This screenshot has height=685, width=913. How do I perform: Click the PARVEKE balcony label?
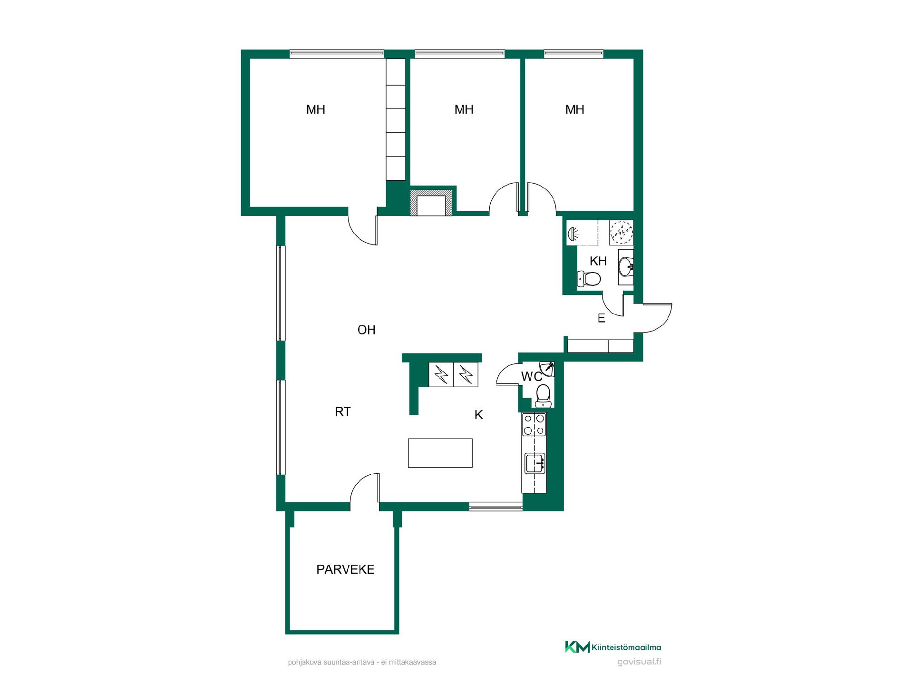click(345, 569)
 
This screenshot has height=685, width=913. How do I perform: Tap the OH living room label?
click(366, 330)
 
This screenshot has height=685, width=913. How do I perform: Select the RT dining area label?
click(343, 411)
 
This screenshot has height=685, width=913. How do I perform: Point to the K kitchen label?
click(479, 415)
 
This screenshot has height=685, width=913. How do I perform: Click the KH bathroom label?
click(598, 261)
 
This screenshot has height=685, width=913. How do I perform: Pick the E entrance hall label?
click(602, 319)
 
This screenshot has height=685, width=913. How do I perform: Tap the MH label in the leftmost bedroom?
click(316, 109)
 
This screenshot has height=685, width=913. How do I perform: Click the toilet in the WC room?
click(543, 396)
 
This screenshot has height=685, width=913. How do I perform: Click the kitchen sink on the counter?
click(535, 463)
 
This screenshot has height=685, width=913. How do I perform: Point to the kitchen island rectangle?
click(440, 453)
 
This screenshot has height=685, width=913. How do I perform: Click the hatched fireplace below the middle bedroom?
click(431, 203)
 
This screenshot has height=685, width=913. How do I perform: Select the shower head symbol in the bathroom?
click(573, 234)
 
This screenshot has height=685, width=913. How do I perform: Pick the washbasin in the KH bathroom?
click(626, 264)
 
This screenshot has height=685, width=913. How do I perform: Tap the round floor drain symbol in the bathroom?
click(622, 233)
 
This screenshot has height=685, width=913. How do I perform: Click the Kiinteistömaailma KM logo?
click(613, 647)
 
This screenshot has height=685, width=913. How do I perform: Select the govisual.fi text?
click(639, 662)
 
